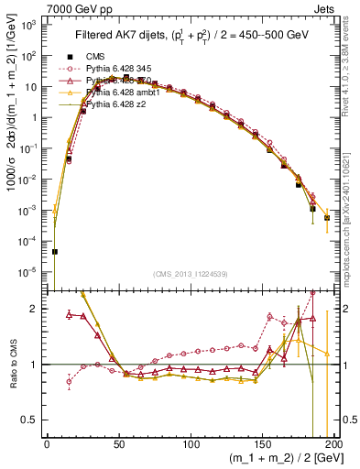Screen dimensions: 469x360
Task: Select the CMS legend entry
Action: pos(97,56)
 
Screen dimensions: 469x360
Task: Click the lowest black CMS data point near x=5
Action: pos(54,251)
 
